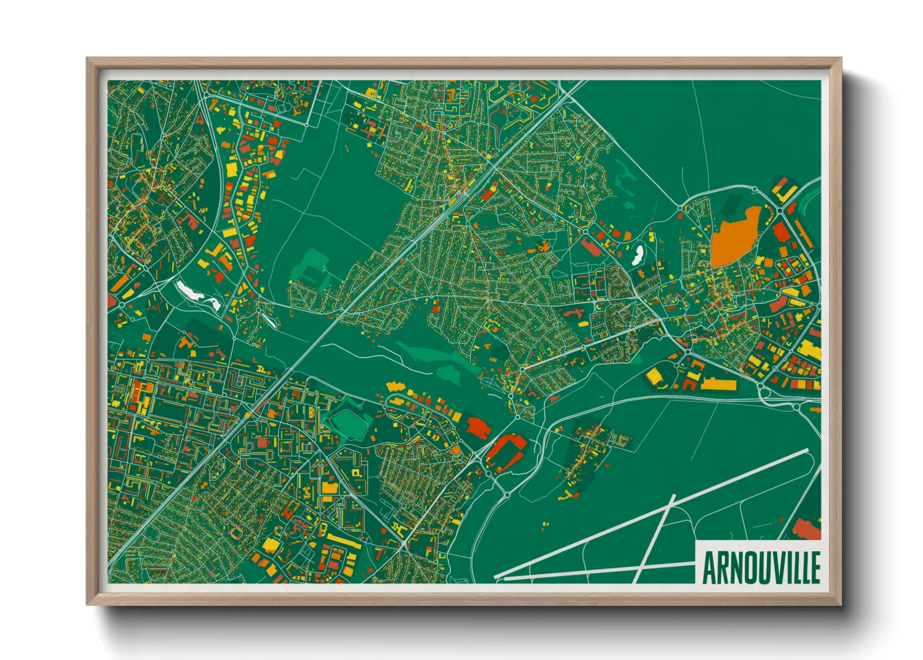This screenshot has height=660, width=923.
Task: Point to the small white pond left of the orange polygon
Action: click(x=638, y=254)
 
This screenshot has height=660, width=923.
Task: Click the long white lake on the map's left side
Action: click(x=197, y=295)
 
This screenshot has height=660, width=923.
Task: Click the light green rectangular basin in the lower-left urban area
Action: click(x=349, y=424)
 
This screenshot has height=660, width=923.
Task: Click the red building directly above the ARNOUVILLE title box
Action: click(x=806, y=530)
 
